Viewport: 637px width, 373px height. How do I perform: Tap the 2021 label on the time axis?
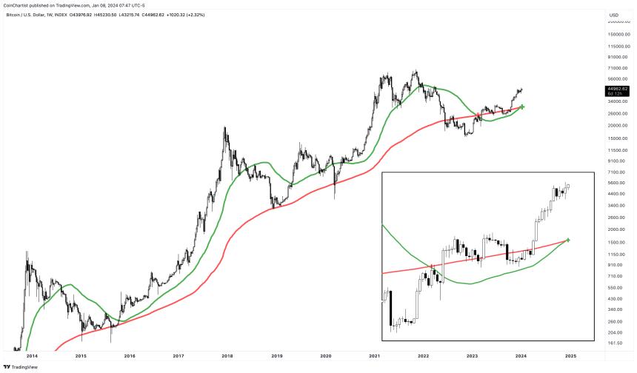coord(374,355)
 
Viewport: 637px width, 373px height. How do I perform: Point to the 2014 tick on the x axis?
coord(32,355)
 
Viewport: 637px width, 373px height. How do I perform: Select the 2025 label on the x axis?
coord(570,355)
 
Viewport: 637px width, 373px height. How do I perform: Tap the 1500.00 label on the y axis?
coord(616,242)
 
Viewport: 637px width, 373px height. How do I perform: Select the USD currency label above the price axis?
coord(613,15)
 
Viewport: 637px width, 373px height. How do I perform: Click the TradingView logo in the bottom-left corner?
coord(21,366)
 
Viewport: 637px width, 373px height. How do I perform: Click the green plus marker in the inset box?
coord(568,240)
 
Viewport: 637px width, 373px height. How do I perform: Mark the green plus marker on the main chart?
coord(522,107)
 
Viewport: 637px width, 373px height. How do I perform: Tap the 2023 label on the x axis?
coord(472,355)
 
